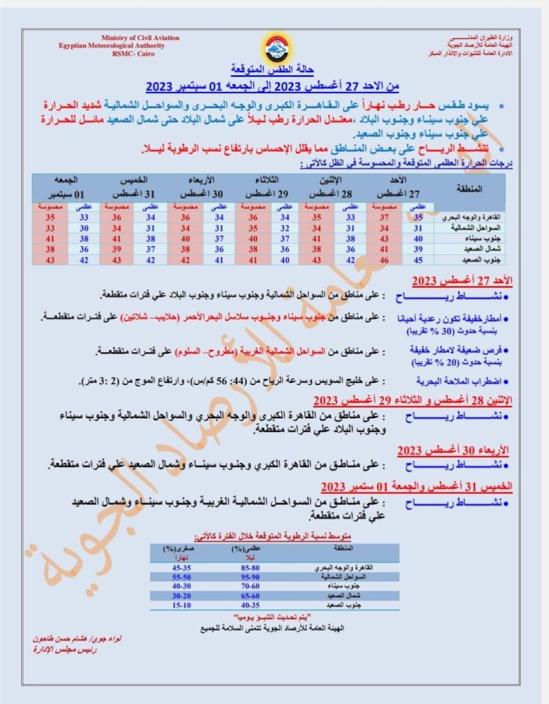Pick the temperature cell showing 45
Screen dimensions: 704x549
click(419, 259)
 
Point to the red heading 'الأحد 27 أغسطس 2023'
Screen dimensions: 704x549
click(454, 281)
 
